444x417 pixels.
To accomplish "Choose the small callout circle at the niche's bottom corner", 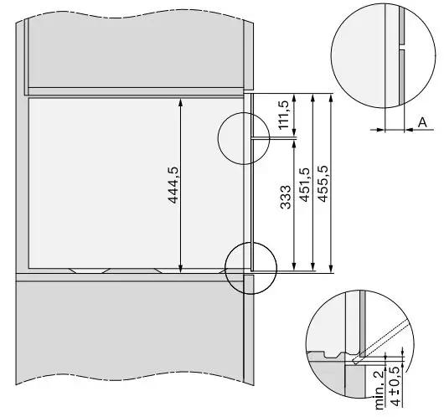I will (x=250, y=268).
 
